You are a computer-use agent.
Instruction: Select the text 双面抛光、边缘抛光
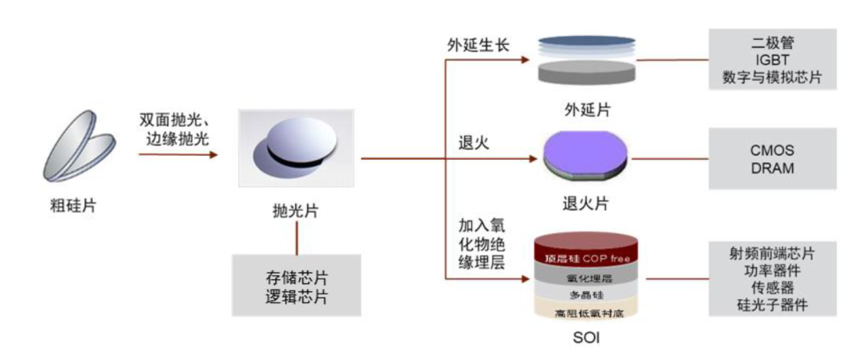pos(174,128)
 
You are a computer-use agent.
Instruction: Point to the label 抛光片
pos(296,210)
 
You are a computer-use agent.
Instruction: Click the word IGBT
pos(771,59)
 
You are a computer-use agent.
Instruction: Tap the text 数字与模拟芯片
pos(771,78)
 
